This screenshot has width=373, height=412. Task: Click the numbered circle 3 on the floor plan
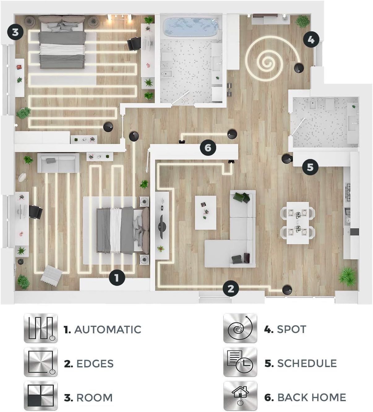tap(15, 32)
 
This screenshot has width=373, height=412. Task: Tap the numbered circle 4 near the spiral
tap(311, 39)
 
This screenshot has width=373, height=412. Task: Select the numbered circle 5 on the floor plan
tap(310, 167)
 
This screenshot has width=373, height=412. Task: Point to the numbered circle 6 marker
tap(208, 147)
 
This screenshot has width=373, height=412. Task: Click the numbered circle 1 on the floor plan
tap(117, 278)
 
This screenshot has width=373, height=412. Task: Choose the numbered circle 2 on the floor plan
tap(231, 289)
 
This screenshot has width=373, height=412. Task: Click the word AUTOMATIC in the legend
tap(108, 330)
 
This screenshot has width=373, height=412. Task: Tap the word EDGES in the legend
tap(95, 364)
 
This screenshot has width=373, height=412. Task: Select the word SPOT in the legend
tap(292, 329)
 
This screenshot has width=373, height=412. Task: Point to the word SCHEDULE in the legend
tap(307, 363)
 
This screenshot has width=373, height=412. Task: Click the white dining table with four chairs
tap(298, 223)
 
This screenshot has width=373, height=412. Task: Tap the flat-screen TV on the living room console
tap(161, 227)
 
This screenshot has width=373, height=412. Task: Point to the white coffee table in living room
tap(205, 213)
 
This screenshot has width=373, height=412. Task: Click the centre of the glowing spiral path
tap(267, 61)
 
